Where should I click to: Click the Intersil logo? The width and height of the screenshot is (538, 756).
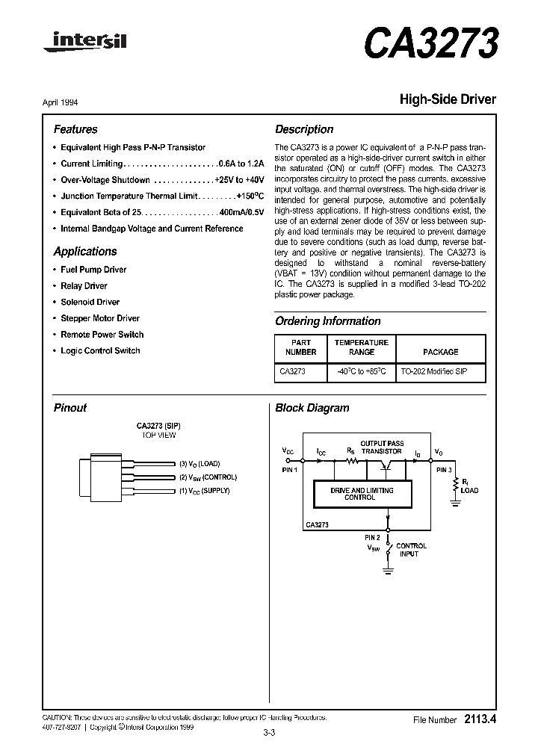[84, 44]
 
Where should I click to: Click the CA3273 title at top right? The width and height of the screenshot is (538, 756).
[430, 44]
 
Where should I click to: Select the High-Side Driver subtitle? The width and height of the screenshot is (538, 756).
[448, 99]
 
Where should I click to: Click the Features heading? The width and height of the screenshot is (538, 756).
[75, 129]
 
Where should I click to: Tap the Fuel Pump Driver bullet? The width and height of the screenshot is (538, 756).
[93, 270]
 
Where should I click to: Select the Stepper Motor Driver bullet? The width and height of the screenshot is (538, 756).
[99, 318]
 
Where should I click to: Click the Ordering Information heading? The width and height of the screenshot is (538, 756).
[328, 321]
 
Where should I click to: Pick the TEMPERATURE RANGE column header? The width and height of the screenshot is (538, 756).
[361, 347]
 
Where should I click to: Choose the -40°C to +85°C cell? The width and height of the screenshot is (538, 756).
[361, 371]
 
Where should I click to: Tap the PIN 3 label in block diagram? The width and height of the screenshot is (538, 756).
[444, 470]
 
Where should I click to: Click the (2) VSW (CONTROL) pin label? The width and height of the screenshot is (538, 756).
[207, 477]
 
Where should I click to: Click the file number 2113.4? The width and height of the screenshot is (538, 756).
[480, 719]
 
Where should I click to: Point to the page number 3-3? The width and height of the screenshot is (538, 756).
[269, 733]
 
